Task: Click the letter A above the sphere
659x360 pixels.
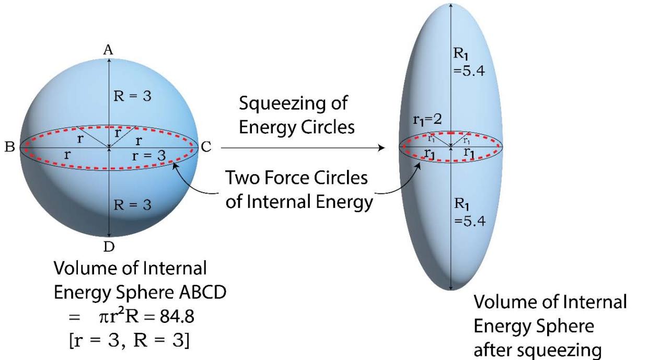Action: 108,50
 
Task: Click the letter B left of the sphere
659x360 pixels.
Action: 10,147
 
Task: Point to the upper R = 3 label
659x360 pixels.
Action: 133,98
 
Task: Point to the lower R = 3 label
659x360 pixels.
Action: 133,205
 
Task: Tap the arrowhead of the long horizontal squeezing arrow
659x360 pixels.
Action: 381,148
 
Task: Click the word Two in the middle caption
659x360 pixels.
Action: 242,179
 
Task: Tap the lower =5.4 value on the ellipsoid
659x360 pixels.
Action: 470,220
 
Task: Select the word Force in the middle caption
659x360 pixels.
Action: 286,179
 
